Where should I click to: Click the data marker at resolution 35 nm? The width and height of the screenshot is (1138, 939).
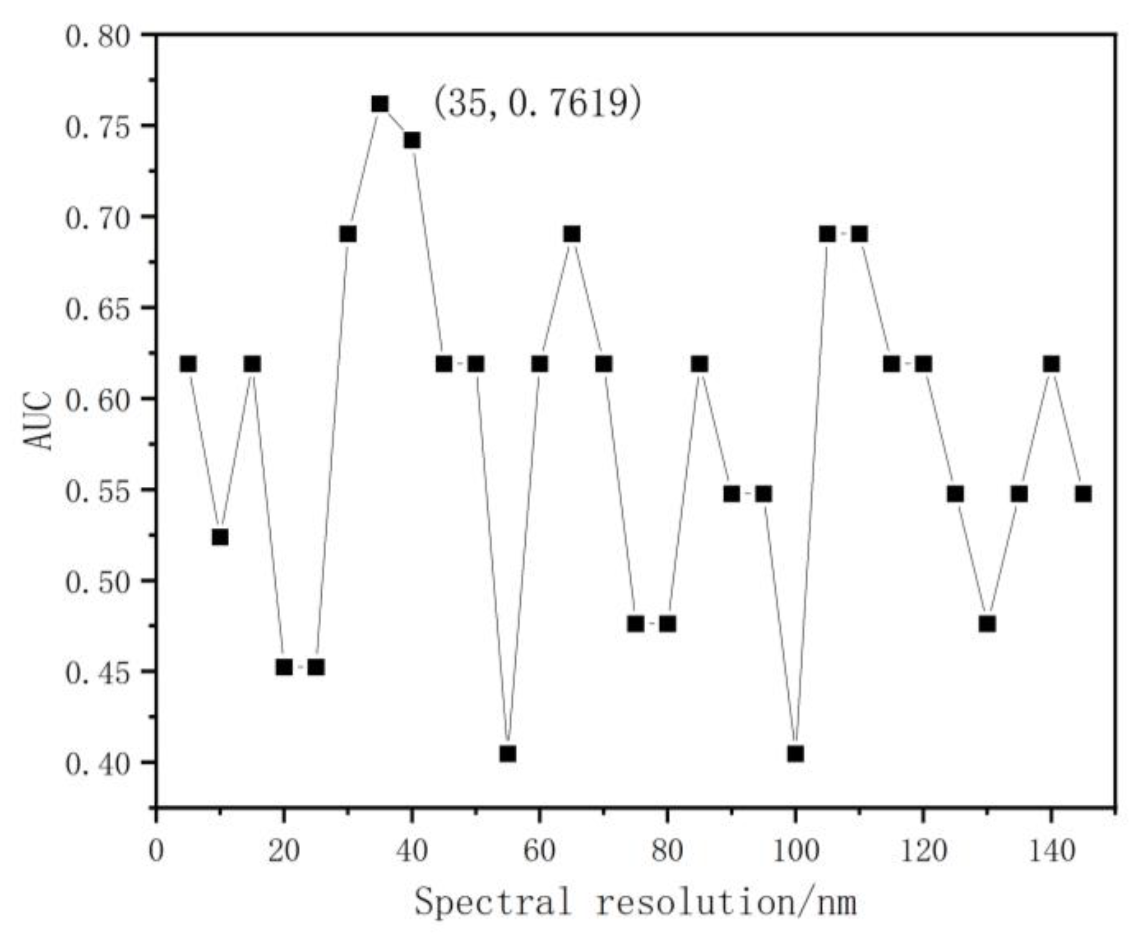380,104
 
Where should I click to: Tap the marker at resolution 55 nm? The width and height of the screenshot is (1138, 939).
508,754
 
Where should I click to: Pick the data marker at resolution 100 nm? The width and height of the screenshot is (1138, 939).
795,754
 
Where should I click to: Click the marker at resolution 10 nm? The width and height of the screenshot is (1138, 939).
220,537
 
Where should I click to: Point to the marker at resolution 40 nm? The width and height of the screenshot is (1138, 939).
412,140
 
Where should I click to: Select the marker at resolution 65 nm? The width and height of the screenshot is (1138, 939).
572,235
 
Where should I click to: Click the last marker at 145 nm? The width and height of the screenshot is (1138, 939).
1083,494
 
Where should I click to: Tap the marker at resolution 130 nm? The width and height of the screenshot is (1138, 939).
987,624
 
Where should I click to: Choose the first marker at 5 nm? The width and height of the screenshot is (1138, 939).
188,364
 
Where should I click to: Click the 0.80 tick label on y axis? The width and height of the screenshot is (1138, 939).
98,36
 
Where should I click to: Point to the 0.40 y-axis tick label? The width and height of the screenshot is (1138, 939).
98,764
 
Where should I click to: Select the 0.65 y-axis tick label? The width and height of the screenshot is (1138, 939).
98,309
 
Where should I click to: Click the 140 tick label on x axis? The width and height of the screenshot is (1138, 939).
1051,852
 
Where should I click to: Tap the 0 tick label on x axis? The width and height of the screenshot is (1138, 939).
156,852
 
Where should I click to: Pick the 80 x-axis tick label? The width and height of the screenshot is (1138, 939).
667,852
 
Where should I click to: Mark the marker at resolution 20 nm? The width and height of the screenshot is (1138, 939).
284,667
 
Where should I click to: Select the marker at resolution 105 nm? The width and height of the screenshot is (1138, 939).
827,235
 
